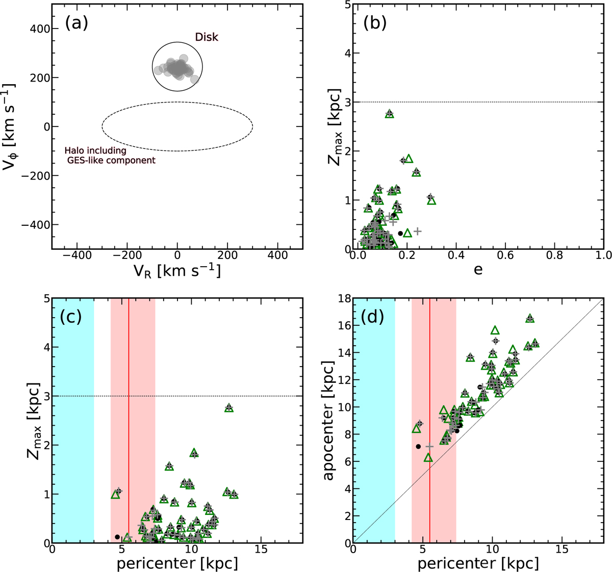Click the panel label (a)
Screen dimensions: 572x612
[x=76, y=24]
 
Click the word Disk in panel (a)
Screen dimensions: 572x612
[x=207, y=37]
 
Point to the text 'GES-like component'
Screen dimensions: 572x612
[x=111, y=160]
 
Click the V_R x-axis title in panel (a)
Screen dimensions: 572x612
[x=177, y=271]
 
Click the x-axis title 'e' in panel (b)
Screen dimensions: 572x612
[x=478, y=269]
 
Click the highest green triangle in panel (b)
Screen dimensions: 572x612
[x=390, y=114]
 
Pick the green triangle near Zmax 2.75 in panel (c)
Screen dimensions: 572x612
[x=228, y=408]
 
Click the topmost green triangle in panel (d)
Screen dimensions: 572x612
[x=530, y=318]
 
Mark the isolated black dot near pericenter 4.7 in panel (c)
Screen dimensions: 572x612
[x=117, y=537]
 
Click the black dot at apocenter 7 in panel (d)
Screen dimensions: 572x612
[x=418, y=447]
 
